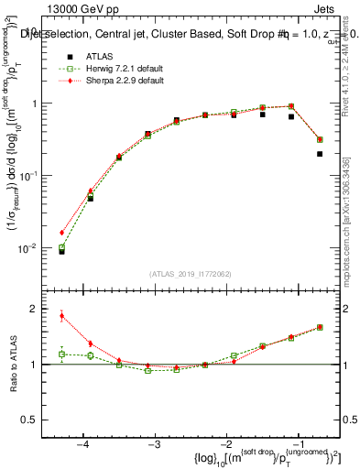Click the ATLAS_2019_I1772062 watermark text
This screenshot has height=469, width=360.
(x=190, y=274)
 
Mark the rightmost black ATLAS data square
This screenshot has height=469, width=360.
(x=320, y=154)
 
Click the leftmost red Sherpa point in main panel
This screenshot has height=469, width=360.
(x=62, y=233)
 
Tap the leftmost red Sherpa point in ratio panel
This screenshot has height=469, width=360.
(x=62, y=316)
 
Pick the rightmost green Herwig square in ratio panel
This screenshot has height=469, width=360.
(x=320, y=327)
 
